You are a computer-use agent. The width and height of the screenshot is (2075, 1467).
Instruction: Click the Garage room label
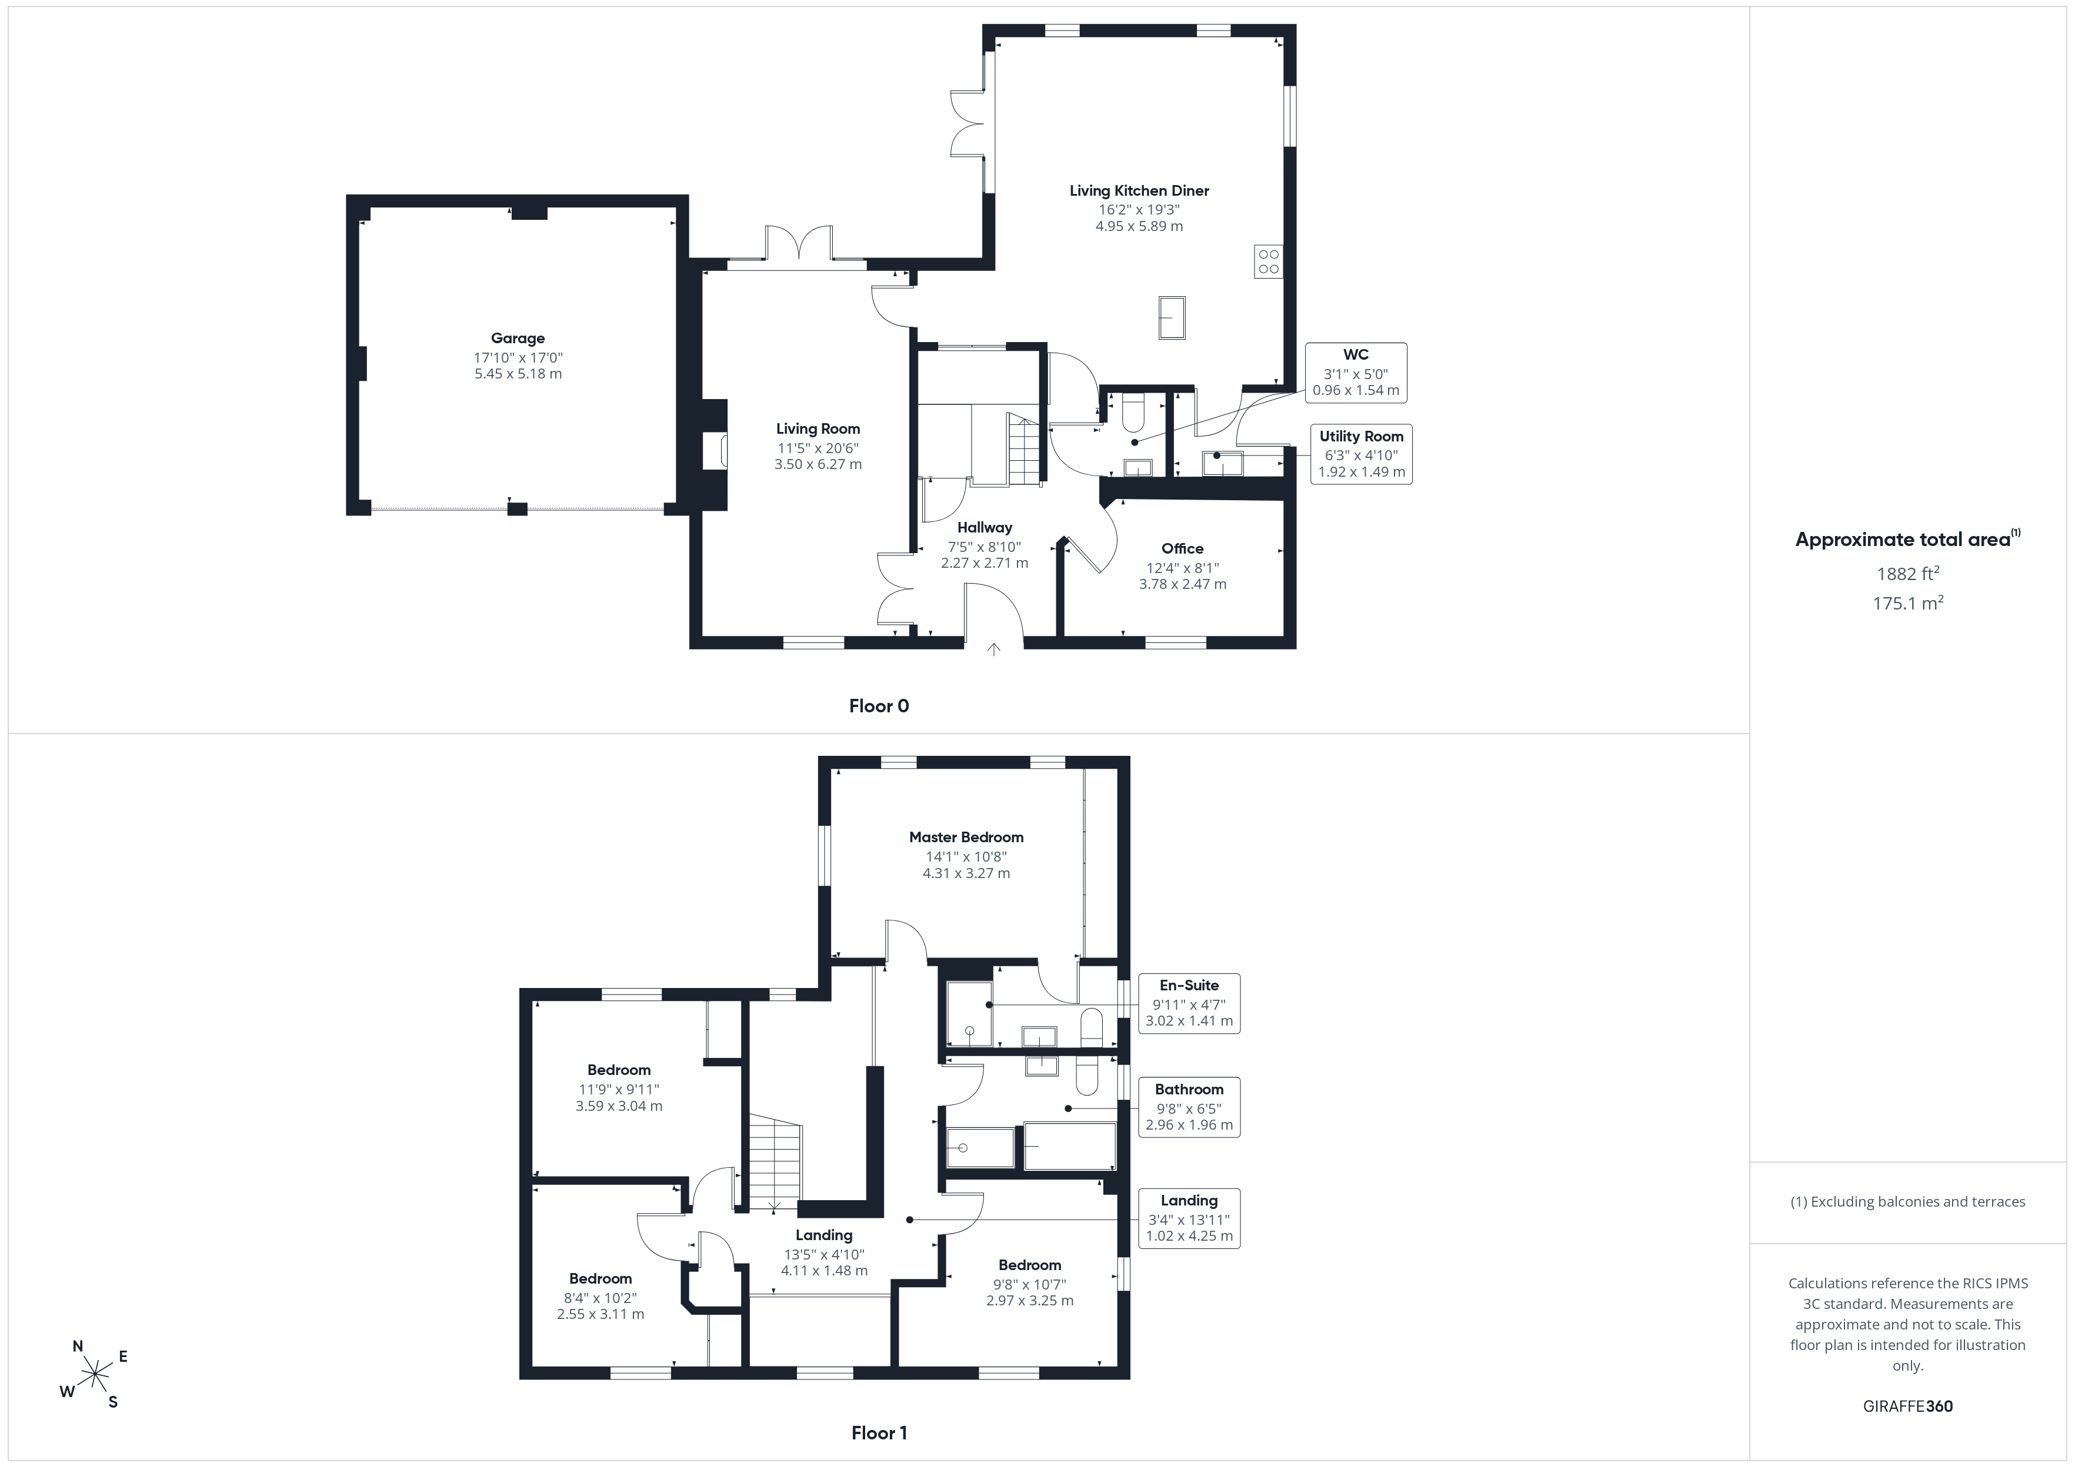click(x=518, y=339)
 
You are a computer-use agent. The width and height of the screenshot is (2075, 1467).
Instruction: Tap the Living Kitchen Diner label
click(x=1139, y=190)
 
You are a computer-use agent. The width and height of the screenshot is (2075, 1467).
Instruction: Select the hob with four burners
click(x=1268, y=262)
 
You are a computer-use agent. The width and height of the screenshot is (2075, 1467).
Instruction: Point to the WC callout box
click(x=1356, y=372)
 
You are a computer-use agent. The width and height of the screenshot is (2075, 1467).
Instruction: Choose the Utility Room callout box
click(x=1361, y=454)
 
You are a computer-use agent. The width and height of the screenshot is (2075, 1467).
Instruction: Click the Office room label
click(x=1182, y=548)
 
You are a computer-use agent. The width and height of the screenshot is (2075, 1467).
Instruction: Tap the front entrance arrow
click(x=994, y=649)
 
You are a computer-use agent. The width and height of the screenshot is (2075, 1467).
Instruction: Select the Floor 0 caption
click(x=879, y=706)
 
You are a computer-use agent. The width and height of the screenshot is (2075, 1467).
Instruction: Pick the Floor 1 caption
click(x=879, y=1433)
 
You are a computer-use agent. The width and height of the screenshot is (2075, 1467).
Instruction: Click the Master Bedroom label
click(x=966, y=838)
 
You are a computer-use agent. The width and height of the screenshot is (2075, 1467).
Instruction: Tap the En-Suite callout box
click(x=1189, y=1003)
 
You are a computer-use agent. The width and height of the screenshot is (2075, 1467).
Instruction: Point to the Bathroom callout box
click(x=1189, y=1107)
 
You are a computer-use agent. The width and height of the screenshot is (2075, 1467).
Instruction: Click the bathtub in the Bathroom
click(x=1070, y=1146)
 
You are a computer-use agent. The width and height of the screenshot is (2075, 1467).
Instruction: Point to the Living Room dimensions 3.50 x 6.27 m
click(x=818, y=464)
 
